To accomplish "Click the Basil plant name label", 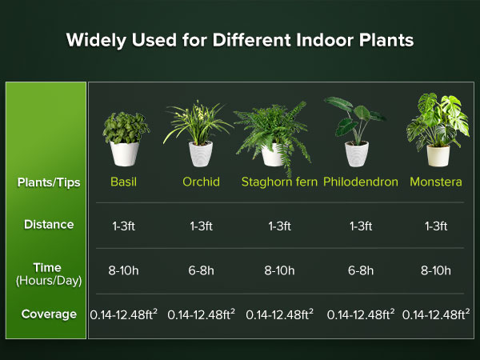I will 123,182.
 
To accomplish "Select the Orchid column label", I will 201,182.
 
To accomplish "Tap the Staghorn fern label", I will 279,182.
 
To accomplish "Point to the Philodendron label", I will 361,182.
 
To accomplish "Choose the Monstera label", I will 435,182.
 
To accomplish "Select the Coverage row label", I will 49,314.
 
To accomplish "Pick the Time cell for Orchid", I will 201,270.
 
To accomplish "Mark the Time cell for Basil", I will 123,270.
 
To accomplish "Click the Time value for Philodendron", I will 361,270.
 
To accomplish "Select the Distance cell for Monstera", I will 435,226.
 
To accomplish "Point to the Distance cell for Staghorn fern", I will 279,226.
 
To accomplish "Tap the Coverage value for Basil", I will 123,315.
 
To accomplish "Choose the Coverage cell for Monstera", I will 436,315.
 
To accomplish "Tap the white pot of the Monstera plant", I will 437,154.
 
